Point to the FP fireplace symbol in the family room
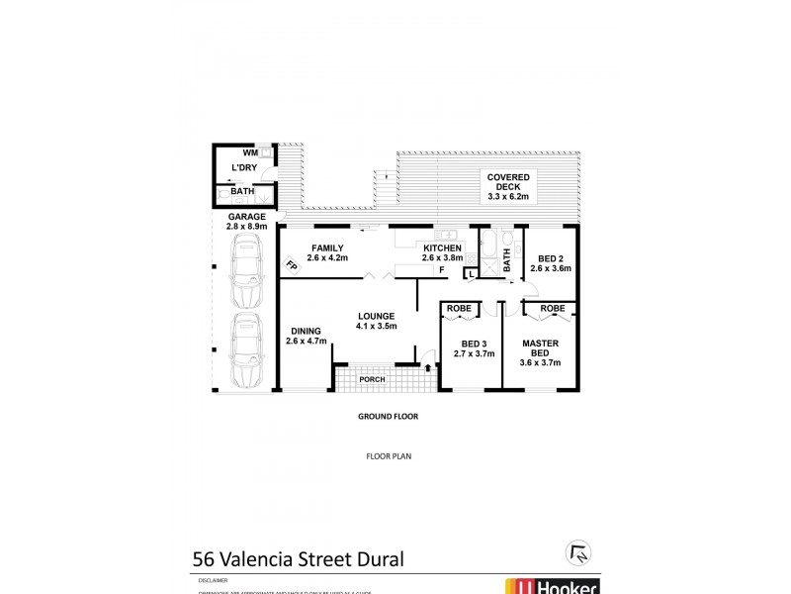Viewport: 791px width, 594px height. click(x=291, y=265)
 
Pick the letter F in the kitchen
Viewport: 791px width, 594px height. click(x=442, y=269)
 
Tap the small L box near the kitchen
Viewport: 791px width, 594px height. click(x=472, y=273)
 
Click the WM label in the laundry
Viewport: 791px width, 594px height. click(x=250, y=153)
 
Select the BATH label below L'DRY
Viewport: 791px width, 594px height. click(x=242, y=191)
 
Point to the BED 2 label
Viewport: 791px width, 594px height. click(x=551, y=256)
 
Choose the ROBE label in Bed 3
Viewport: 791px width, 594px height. click(x=460, y=308)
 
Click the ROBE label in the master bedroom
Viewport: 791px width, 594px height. click(x=553, y=308)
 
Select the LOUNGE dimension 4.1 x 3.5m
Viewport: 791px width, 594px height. click(x=377, y=326)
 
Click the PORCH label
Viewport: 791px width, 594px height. click(x=372, y=379)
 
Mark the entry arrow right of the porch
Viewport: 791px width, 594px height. click(x=427, y=368)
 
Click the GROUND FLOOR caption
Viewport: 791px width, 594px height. click(x=389, y=417)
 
